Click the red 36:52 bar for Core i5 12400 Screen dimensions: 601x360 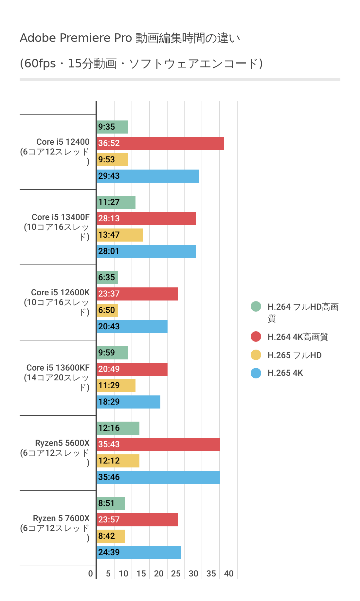tap(160, 143)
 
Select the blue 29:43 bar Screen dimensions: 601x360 tap(148, 176)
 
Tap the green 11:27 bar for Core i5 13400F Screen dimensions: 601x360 tap(116, 202)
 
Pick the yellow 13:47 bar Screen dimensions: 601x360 tap(120, 235)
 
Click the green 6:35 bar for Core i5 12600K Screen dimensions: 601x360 tap(107, 278)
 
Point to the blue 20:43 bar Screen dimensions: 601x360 tap(132, 327)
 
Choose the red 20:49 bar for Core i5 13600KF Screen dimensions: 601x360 tap(132, 369)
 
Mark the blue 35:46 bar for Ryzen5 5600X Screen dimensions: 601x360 tap(158, 477)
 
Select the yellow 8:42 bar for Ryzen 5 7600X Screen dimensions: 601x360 tap(111, 536)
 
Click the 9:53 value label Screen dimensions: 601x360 tap(107, 160)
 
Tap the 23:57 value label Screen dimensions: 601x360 tap(109, 520)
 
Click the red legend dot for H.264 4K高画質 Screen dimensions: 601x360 tap(256, 337)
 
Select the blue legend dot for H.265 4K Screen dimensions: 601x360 tap(256, 373)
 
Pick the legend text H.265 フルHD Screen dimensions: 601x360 tap(295, 355)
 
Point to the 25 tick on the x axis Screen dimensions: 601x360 tap(176, 574)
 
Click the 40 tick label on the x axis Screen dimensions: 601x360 tap(229, 574)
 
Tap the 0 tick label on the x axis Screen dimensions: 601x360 tap(90, 574)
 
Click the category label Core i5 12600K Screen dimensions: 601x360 tap(60, 292)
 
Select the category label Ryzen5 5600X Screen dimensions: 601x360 tap(62, 443)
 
